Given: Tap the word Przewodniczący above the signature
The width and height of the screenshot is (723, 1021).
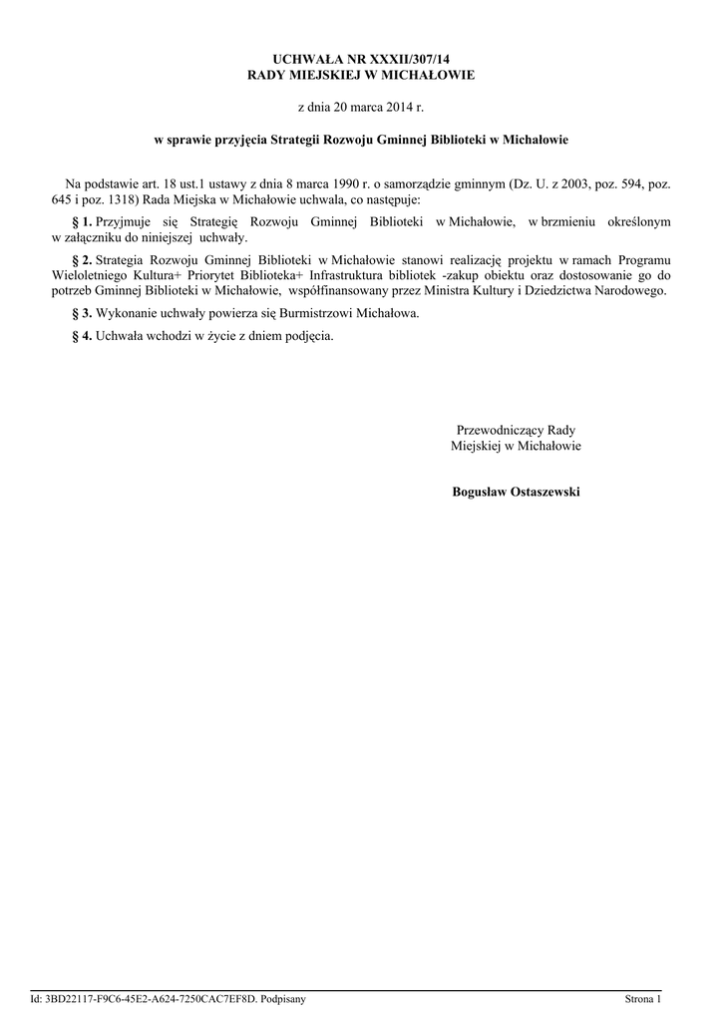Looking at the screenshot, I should (x=501, y=430).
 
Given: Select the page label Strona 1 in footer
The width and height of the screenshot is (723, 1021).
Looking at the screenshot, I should (x=642, y=998).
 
